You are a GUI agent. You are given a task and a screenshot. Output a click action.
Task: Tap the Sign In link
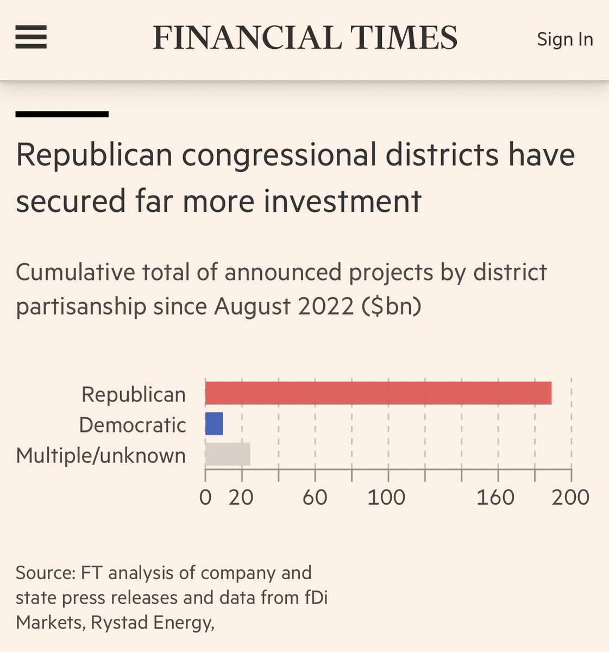click(564, 39)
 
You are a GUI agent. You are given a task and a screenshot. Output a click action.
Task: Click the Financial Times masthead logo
click(305, 38)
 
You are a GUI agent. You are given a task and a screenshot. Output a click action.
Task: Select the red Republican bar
click(378, 393)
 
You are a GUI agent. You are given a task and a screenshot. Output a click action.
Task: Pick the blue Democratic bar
click(214, 424)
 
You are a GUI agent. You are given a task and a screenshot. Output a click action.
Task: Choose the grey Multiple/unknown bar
click(228, 454)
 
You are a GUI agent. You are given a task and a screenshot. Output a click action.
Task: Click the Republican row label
click(134, 394)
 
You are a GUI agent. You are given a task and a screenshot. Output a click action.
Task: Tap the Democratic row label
click(133, 425)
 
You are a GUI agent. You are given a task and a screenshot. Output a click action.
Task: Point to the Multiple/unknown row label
click(101, 455)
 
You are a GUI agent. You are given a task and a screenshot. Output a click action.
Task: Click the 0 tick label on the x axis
click(205, 497)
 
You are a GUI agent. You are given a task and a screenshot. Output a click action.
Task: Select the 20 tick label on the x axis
click(241, 497)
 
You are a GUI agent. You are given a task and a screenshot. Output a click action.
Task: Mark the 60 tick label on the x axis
click(315, 497)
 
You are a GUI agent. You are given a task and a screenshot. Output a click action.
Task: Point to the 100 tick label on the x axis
click(386, 497)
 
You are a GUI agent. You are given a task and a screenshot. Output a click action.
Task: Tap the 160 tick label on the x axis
click(495, 497)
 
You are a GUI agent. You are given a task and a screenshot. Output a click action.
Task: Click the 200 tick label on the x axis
click(570, 497)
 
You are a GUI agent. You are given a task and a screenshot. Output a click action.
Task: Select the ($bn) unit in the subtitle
click(391, 306)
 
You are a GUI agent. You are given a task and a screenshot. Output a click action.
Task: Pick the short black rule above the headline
click(62, 114)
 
